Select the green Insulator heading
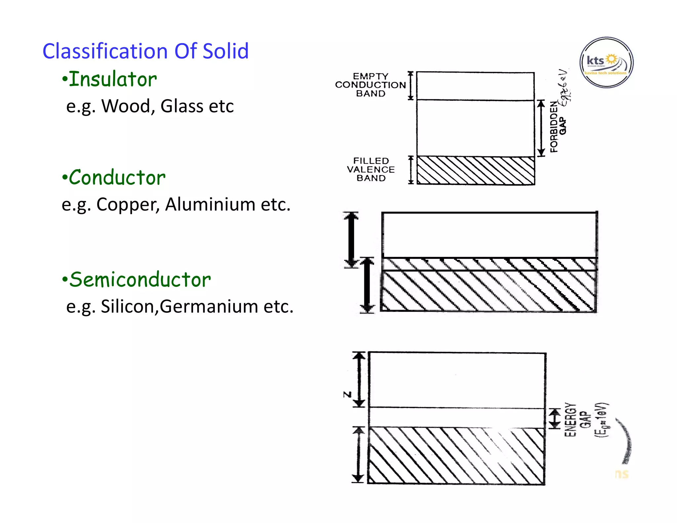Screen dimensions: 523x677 coord(112,80)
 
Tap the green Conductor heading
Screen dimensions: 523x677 coord(117,178)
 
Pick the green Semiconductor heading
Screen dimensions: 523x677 coord(140,280)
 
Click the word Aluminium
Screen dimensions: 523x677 coord(210,205)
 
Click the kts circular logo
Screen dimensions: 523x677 coord(606,62)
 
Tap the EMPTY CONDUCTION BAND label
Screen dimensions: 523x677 coord(370,85)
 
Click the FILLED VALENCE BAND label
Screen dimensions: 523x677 coord(371,170)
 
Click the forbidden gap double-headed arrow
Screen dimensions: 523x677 coord(541,128)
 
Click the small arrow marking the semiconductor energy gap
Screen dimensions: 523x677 coord(555,418)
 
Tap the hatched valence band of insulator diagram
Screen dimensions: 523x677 coord(475,171)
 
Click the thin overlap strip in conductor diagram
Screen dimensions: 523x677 coord(489,264)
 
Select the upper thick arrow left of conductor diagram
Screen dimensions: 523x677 coord(351,240)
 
